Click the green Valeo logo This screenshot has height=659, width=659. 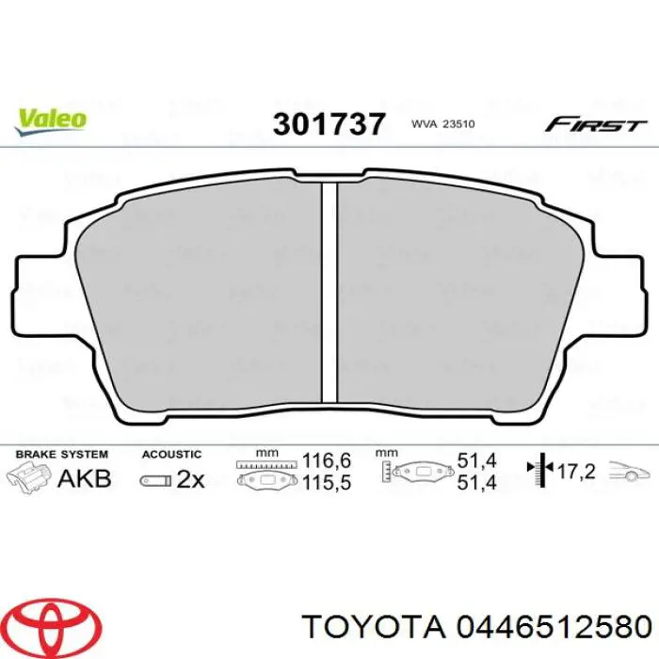pyautogui.click(x=51, y=119)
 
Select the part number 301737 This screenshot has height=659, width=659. pyautogui.click(x=329, y=124)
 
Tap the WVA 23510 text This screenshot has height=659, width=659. pyautogui.click(x=444, y=124)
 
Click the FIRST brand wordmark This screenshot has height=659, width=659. pyautogui.click(x=596, y=124)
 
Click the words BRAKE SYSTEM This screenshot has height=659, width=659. pyautogui.click(x=61, y=454)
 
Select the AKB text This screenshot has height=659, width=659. pyautogui.click(x=85, y=478)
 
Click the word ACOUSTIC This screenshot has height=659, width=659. pyautogui.click(x=171, y=454)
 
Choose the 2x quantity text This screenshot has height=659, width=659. pyautogui.click(x=190, y=479)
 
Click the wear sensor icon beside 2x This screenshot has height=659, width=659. pyautogui.click(x=153, y=480)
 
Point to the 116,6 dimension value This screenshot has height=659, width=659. pyautogui.click(x=327, y=461)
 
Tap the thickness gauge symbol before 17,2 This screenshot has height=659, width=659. pyautogui.click(x=541, y=471)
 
